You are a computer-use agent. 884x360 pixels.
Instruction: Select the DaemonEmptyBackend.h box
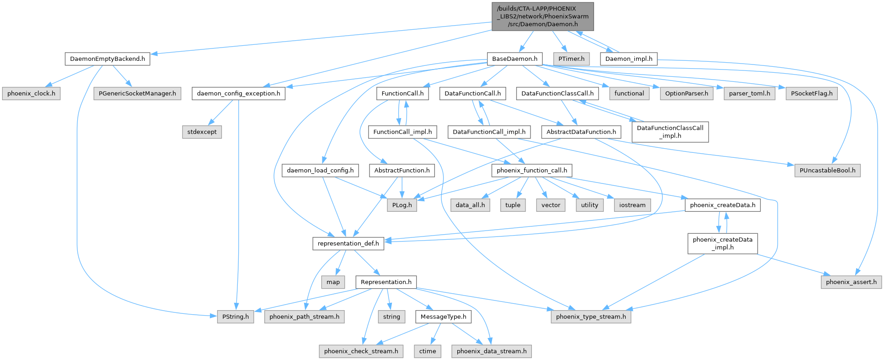(107, 59)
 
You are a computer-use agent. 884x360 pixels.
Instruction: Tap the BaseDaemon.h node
(514, 59)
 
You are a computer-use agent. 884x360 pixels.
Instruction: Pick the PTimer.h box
(571, 59)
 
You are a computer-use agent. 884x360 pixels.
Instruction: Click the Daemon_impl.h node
(629, 59)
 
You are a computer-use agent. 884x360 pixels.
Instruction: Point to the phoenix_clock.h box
(31, 93)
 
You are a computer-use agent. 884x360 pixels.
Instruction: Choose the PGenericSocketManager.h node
(137, 93)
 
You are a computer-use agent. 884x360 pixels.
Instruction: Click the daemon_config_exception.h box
(238, 93)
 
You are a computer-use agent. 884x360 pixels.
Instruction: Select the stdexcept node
(202, 132)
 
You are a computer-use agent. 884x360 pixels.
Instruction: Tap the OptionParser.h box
(686, 93)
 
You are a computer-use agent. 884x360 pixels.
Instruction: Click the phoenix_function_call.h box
(531, 170)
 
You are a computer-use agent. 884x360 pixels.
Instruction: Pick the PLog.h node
(402, 205)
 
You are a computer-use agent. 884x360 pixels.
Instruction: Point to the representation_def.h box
(348, 243)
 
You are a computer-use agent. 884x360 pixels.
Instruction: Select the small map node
(333, 282)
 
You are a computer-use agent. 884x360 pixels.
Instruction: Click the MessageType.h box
(443, 317)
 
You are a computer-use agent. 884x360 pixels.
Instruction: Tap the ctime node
(428, 351)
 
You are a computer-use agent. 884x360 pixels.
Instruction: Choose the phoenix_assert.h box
(851, 282)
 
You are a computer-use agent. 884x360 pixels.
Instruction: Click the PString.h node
(236, 317)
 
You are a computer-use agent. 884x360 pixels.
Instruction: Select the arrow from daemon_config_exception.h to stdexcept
(220, 112)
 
